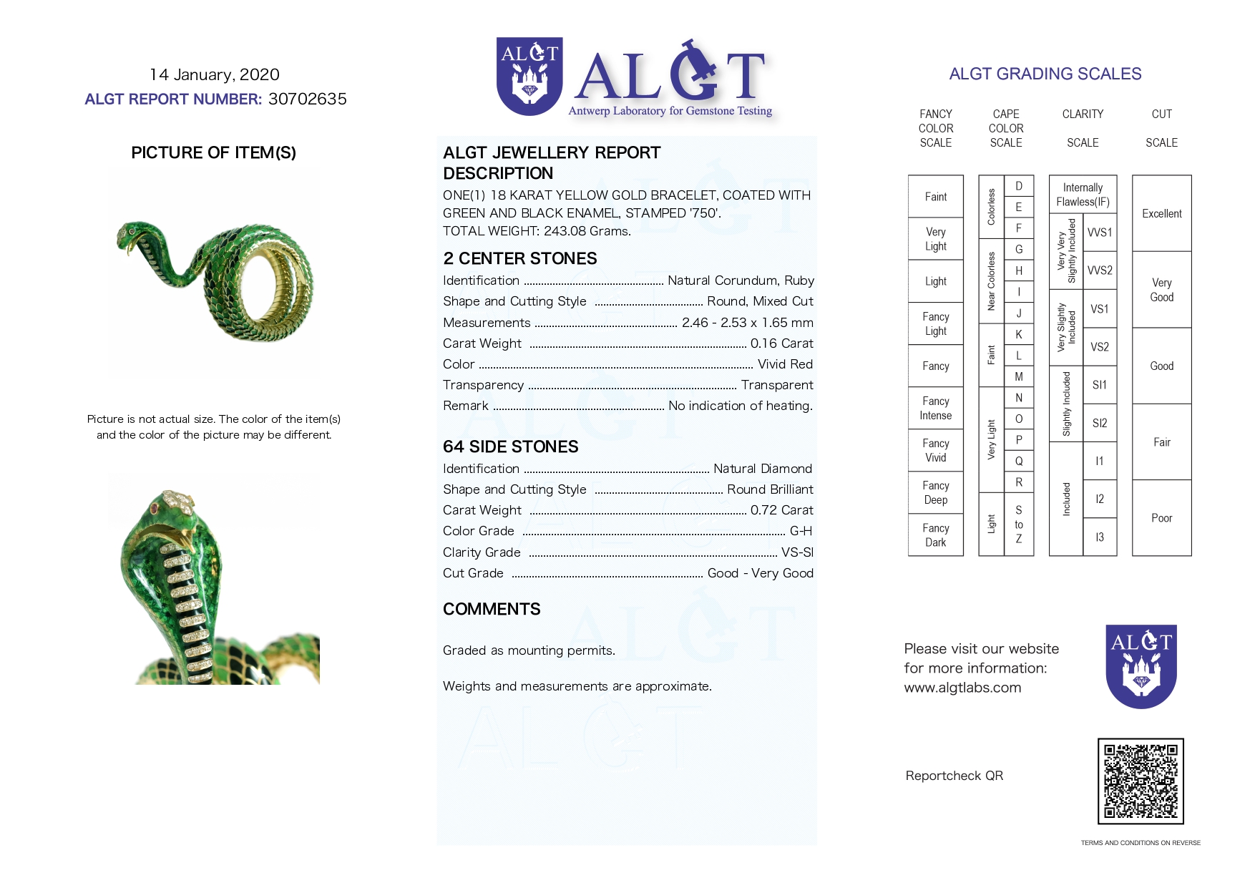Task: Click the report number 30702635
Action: tap(307, 99)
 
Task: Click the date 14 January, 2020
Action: tap(214, 74)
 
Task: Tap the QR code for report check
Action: tap(1141, 781)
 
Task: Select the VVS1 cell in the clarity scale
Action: tap(1100, 233)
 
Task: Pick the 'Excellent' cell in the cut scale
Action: tap(1161, 213)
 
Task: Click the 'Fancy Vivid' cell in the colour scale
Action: tap(935, 451)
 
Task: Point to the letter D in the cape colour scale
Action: tap(1019, 186)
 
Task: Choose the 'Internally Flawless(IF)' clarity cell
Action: tap(1083, 195)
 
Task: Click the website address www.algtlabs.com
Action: tap(962, 688)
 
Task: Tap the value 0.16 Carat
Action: tap(781, 343)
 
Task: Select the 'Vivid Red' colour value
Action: tap(785, 364)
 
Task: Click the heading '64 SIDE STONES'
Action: tap(510, 447)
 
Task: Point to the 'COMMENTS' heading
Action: tap(492, 609)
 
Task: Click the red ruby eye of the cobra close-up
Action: tap(155, 508)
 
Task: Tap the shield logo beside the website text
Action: tap(1141, 666)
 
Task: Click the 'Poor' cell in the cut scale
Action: tap(1161, 518)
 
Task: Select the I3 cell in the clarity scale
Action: tap(1100, 537)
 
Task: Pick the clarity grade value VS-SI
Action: tap(797, 552)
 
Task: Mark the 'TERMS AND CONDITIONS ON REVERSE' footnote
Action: tap(1141, 843)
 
